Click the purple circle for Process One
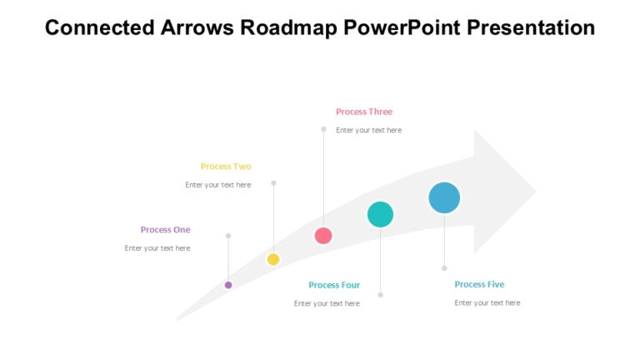click(228, 285)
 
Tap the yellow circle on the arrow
click(273, 259)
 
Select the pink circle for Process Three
click(323, 236)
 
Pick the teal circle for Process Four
click(380, 214)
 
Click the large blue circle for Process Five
click(444, 197)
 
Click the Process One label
click(165, 230)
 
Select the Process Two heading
click(226, 167)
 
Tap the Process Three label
click(364, 112)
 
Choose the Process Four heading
click(334, 285)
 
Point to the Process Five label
click(479, 284)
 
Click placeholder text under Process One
click(157, 248)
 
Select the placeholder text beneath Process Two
click(218, 185)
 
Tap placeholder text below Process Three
click(368, 130)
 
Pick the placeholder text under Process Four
click(327, 303)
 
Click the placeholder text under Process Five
click(487, 302)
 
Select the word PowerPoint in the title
click(400, 27)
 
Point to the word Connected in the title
click(94, 27)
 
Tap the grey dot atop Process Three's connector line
click(324, 129)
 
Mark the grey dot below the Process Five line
click(444, 268)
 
